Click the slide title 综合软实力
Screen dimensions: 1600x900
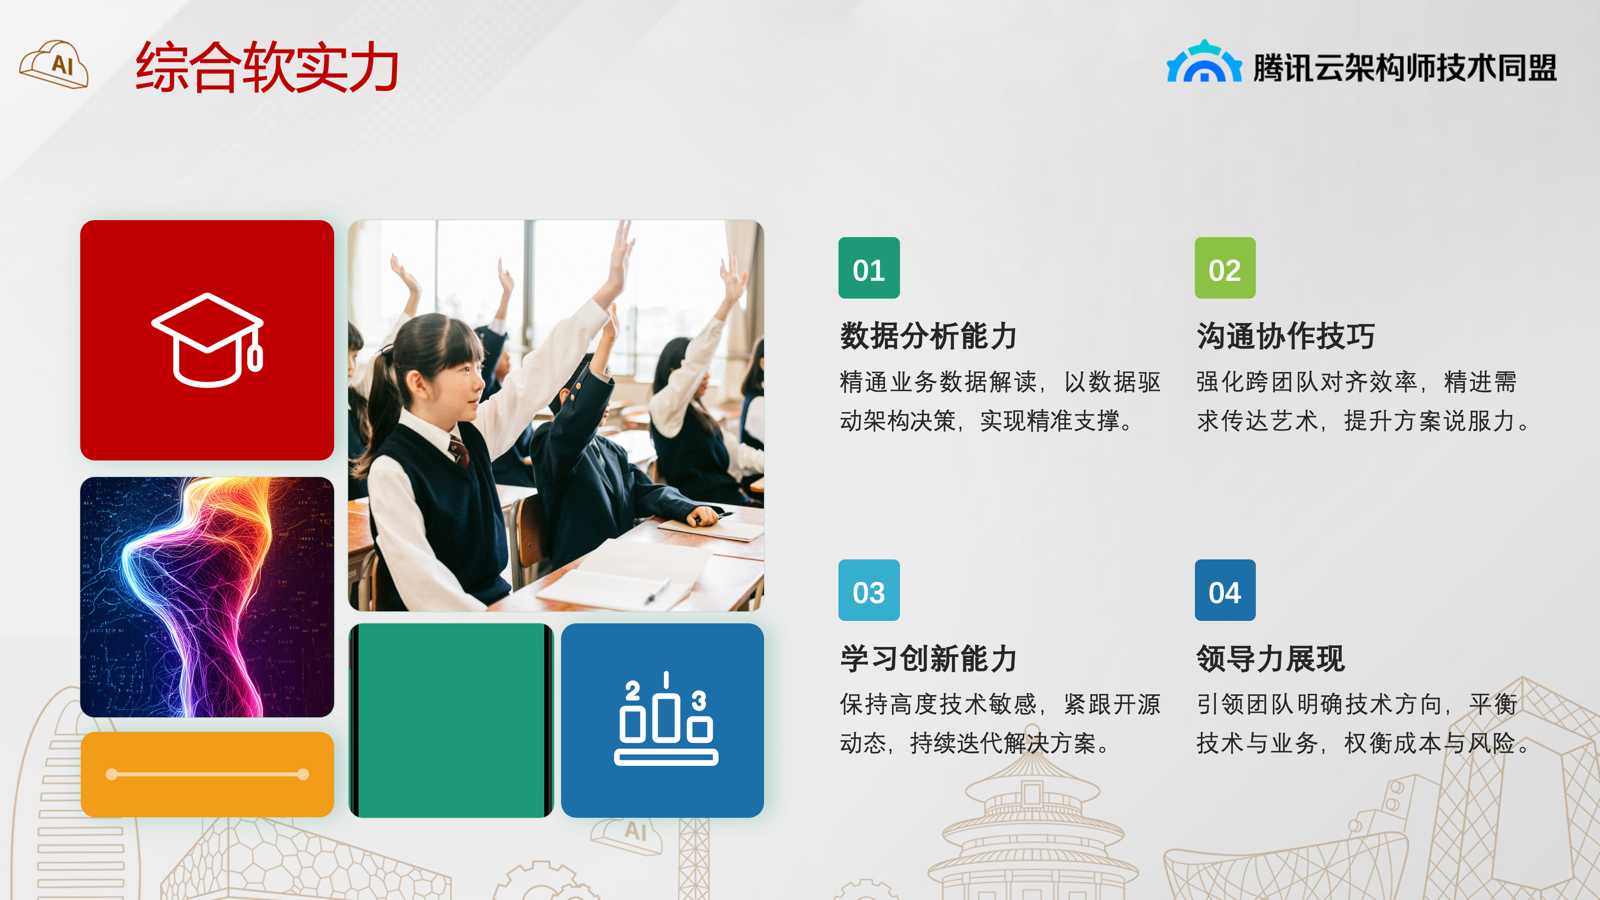267,67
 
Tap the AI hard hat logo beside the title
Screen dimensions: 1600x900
54,64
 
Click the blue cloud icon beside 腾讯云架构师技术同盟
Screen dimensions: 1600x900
1204,61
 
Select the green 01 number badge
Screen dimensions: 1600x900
869,268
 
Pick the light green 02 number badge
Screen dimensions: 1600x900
1225,268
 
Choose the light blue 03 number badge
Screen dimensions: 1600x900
869,590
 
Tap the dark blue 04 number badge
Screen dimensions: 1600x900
1225,590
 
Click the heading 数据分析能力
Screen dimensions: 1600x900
928,336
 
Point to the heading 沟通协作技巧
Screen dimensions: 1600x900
1286,336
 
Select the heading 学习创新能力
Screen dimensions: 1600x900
928,658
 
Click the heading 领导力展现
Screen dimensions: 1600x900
1271,658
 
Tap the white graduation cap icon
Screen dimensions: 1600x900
208,340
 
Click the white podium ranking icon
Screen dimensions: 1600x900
666,719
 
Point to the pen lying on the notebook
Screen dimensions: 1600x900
658,591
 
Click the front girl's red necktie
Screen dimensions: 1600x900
458,451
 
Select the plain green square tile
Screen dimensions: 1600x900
451,720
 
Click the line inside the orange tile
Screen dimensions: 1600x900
207,774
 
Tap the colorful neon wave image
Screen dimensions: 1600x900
207,597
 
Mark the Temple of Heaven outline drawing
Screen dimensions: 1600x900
1031,829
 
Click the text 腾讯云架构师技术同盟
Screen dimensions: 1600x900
1404,68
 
